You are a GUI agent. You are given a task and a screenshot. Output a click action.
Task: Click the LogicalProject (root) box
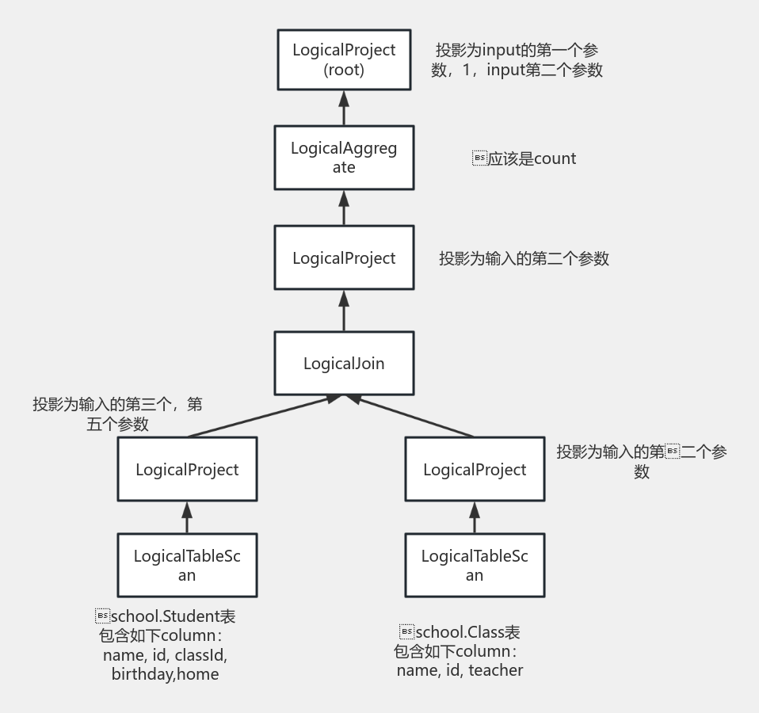click(344, 59)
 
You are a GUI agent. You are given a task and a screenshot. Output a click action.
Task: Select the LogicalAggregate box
click(344, 158)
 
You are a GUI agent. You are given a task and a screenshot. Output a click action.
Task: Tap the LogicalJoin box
click(344, 364)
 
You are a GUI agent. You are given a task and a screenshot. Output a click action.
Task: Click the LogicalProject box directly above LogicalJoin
click(344, 257)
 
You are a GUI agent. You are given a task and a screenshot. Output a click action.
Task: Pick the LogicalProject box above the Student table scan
click(187, 469)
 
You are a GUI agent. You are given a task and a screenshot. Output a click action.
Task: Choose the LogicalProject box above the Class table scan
click(475, 469)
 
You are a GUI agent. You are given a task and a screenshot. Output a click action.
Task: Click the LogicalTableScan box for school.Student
click(187, 565)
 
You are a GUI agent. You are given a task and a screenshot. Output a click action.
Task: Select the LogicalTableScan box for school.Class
click(475, 565)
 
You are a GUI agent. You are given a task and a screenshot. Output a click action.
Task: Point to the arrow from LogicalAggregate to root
click(344, 108)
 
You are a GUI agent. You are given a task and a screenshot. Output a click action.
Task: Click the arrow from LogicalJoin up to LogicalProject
click(344, 310)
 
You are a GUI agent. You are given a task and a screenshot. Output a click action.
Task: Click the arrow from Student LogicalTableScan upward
click(187, 517)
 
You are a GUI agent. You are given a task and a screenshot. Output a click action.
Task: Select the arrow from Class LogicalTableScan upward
click(475, 517)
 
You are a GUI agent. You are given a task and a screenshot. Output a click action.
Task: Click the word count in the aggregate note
click(555, 158)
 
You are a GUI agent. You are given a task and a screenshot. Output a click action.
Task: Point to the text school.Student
click(166, 616)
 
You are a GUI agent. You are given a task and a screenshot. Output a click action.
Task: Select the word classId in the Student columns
click(200, 655)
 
